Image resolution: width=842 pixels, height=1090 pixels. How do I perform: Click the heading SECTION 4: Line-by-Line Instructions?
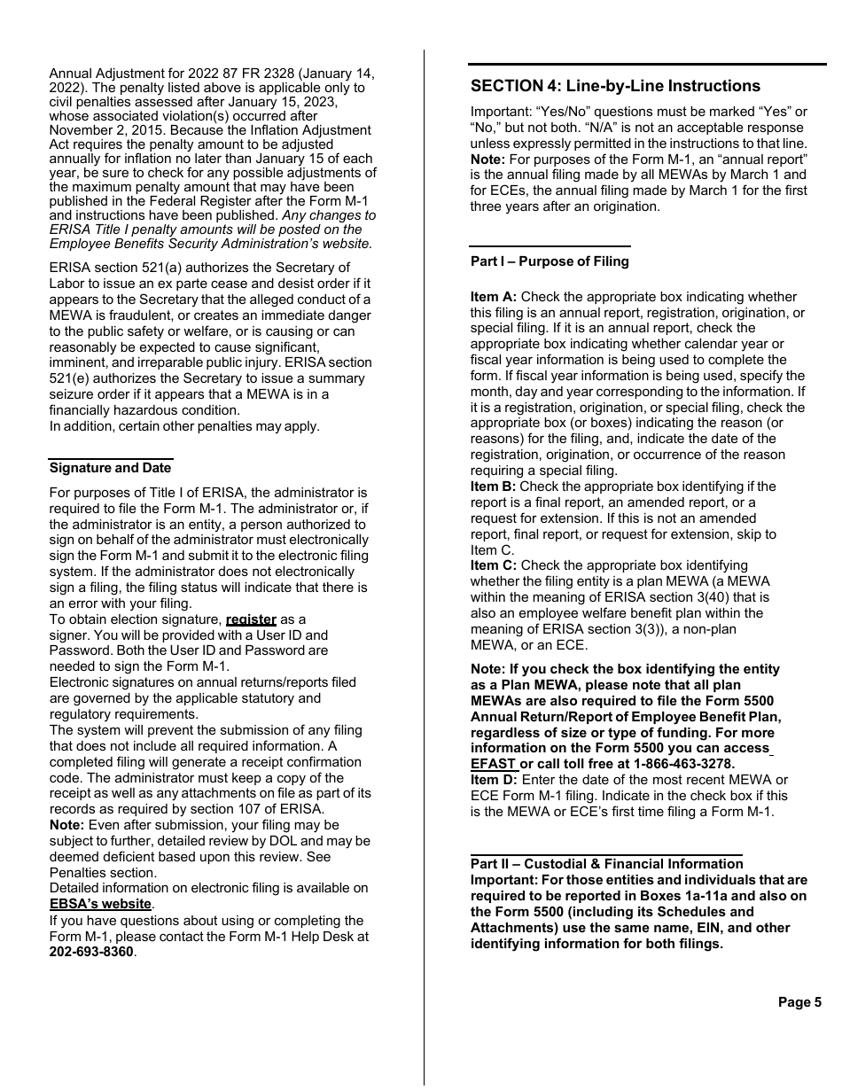tap(615, 86)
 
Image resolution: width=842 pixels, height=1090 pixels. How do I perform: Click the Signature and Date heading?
tap(110, 468)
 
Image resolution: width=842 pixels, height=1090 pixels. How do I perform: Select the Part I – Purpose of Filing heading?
tap(550, 261)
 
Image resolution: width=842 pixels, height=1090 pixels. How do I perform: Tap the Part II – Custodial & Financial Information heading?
tap(606, 864)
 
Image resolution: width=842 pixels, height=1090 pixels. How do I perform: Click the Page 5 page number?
tap(799, 1002)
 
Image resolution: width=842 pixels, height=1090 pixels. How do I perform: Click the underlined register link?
tap(251, 619)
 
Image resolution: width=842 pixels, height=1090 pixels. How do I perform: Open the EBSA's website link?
tap(100, 905)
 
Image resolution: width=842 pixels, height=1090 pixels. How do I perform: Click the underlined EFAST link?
tap(493, 764)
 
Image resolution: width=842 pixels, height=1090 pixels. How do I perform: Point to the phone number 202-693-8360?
tap(91, 953)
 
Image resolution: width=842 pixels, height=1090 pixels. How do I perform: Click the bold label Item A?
tap(494, 297)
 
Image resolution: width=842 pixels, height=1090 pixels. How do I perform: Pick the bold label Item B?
tap(494, 487)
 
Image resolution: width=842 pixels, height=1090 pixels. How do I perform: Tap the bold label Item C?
tap(494, 565)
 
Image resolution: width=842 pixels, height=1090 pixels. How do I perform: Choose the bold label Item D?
tap(494, 780)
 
